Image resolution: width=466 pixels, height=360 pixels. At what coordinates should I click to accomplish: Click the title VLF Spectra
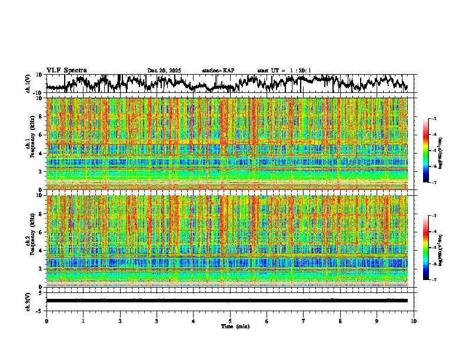pos(66,70)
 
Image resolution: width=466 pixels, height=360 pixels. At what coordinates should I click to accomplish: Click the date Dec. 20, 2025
pos(164,71)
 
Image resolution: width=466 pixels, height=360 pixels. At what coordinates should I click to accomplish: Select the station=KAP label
pos(218,71)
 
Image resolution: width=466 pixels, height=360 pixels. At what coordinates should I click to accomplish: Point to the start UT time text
pos(284,71)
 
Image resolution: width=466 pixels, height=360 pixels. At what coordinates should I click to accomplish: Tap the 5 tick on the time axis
pos(230,321)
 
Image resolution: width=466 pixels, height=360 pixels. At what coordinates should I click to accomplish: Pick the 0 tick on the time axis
pos(46,321)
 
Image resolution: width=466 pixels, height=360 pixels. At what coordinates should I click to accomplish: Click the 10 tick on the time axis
pos(414,321)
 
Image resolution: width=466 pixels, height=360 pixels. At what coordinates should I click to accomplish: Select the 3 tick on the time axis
pos(157,321)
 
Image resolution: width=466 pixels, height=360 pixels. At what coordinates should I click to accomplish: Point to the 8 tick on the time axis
pos(341,321)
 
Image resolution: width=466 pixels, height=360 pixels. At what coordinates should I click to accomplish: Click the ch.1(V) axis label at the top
pos(28,84)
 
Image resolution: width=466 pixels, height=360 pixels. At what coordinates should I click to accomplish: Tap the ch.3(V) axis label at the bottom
pos(28,300)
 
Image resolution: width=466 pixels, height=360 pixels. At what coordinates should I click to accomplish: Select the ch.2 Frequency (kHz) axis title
pos(29,241)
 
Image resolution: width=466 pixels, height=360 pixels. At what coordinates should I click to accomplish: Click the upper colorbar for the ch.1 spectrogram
pos(432,151)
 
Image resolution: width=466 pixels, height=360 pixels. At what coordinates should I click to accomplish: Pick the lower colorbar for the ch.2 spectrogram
pos(432,248)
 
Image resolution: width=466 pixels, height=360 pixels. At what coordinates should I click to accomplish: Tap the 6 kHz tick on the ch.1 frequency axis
pos(41,135)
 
